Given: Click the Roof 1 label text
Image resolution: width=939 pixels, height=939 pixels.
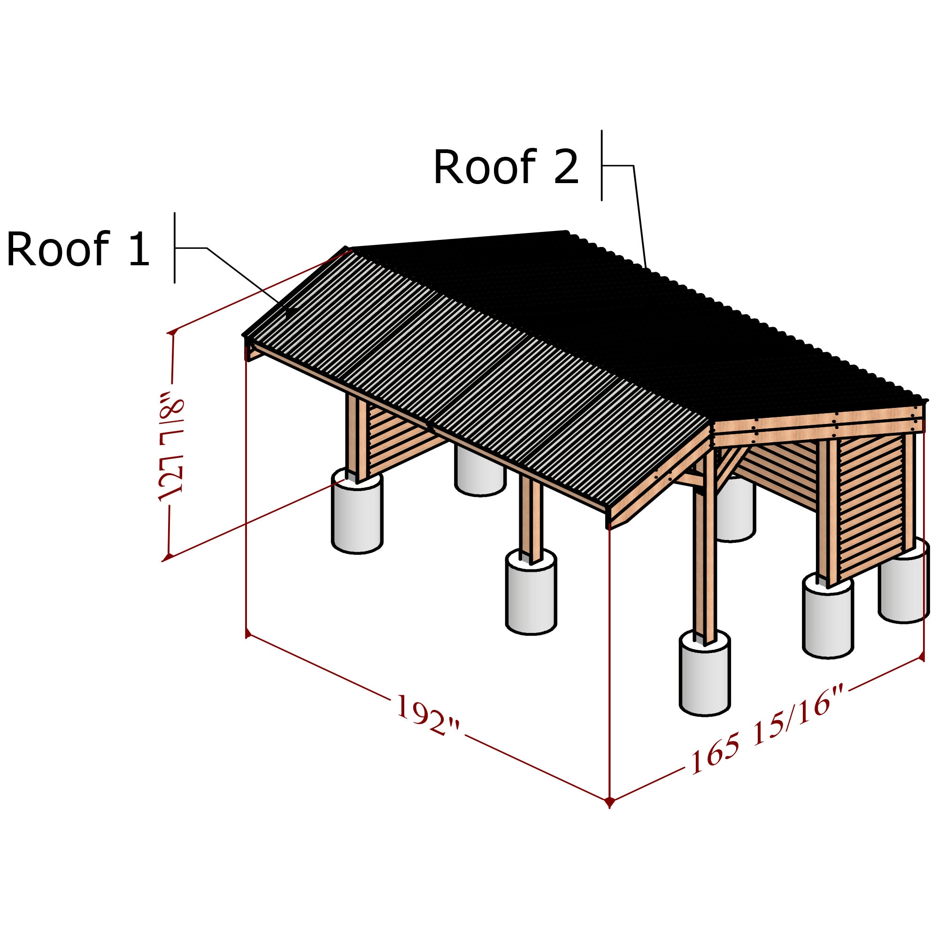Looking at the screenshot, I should pos(78,249).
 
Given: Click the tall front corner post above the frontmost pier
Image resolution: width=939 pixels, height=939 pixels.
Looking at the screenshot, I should pos(704,559).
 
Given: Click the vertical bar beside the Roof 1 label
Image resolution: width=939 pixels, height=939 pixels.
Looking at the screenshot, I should pos(175,248).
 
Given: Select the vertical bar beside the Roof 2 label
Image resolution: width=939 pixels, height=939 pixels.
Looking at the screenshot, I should pos(602,165).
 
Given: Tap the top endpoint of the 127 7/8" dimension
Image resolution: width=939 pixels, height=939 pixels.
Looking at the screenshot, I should pos(171,332).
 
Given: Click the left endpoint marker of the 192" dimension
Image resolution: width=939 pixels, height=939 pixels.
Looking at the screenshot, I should pos(248,634).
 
